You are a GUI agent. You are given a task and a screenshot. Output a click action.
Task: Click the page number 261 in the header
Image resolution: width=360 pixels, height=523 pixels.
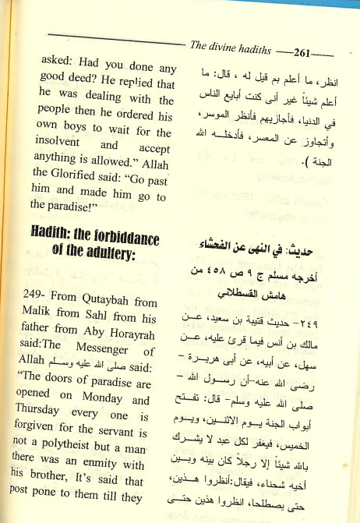(x=302, y=51)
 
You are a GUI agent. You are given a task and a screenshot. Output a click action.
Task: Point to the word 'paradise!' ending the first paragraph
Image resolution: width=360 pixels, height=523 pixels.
(x=60, y=205)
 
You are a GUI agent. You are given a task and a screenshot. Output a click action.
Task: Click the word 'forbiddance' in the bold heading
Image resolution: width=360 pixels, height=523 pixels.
(x=122, y=235)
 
